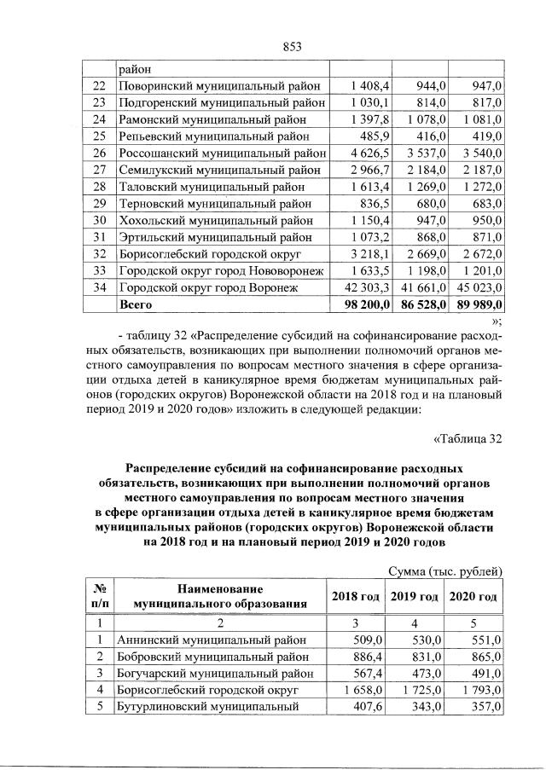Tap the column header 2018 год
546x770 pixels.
pyautogui.click(x=354, y=596)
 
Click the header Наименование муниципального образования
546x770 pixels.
pyautogui.click(x=220, y=596)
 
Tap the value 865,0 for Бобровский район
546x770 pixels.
pyautogui.click(x=485, y=656)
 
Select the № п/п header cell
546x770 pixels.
pyautogui.click(x=98, y=596)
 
